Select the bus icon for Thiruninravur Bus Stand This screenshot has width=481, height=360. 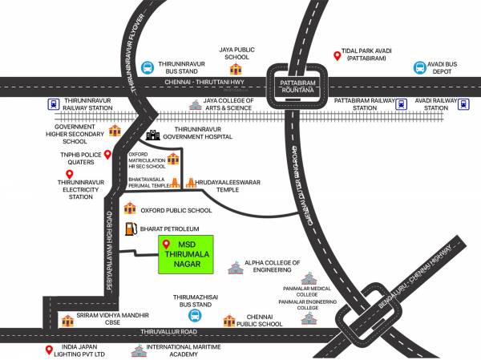coord(148,69)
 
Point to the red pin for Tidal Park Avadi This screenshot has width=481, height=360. coord(338,56)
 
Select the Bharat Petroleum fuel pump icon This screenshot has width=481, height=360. coord(129,229)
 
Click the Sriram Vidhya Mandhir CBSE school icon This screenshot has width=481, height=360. coord(67,321)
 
